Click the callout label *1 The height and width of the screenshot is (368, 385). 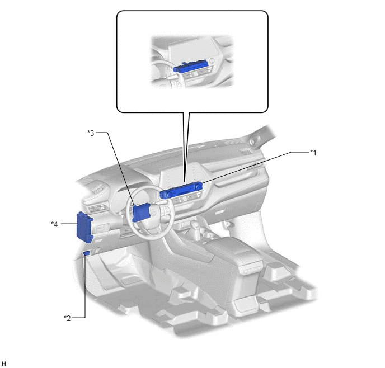click(x=313, y=153)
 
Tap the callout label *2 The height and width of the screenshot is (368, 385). click(x=67, y=318)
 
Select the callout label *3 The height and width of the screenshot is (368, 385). click(x=91, y=133)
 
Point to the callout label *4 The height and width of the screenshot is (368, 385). click(x=54, y=224)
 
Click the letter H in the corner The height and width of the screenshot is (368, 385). click(x=4, y=364)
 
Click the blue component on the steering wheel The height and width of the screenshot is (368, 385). click(x=141, y=213)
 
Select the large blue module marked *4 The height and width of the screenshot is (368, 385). click(x=84, y=228)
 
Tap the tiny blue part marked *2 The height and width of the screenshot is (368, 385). click(x=86, y=253)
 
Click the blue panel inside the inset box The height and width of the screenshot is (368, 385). click(x=191, y=67)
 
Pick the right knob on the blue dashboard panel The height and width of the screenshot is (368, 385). click(x=199, y=186)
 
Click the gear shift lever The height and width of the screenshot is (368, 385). click(x=196, y=227)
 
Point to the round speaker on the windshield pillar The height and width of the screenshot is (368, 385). click(x=253, y=141)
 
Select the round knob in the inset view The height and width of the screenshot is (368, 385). click(x=212, y=60)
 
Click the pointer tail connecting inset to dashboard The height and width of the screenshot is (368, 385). click(x=186, y=147)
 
